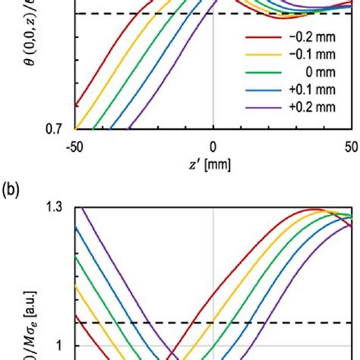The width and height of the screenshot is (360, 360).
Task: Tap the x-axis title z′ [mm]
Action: (213, 165)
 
